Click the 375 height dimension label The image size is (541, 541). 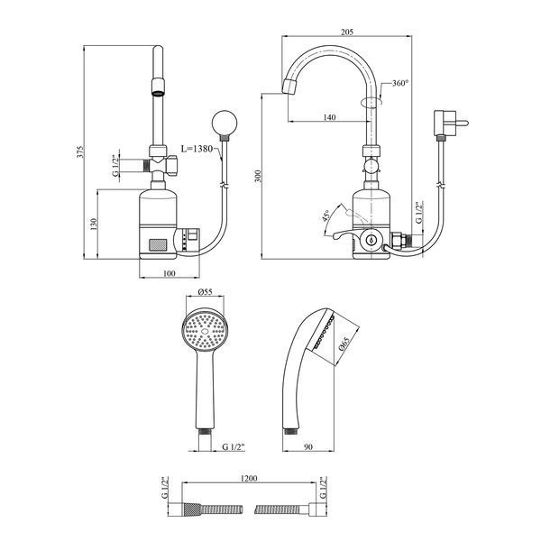coord(80,151)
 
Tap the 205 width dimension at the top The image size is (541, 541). coord(347,32)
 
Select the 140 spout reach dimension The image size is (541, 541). coord(329,117)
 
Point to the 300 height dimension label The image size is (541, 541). coord(258,177)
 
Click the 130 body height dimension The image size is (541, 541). coord(94,225)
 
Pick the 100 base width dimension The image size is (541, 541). coord(170,273)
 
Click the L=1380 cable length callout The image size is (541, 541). coord(197,149)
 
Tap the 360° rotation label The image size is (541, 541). coord(399,83)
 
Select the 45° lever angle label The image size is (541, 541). coord(326,215)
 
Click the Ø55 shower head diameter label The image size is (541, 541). coord(205,292)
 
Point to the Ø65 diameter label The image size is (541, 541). coord(344,344)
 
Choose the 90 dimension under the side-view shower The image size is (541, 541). coord(308,447)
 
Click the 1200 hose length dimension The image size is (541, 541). coord(249,479)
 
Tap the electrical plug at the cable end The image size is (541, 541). coord(448,124)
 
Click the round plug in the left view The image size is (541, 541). coord(225,123)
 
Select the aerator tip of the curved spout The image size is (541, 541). coord(289,87)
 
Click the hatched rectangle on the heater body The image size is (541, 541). coord(158,245)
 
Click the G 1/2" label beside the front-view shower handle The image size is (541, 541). coord(234,447)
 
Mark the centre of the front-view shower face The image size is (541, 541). coord(205,331)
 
